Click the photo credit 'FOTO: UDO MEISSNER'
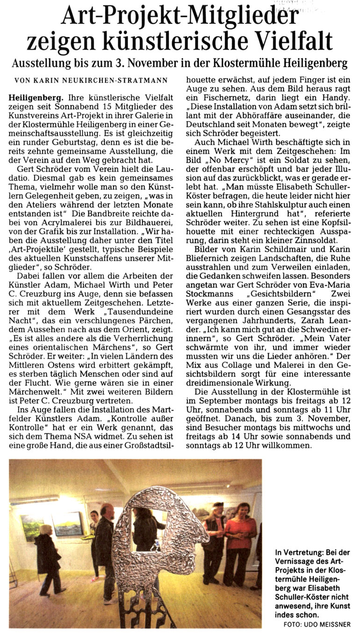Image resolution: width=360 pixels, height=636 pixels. [x=317, y=625]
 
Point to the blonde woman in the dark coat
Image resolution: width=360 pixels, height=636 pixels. [x=47, y=556]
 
